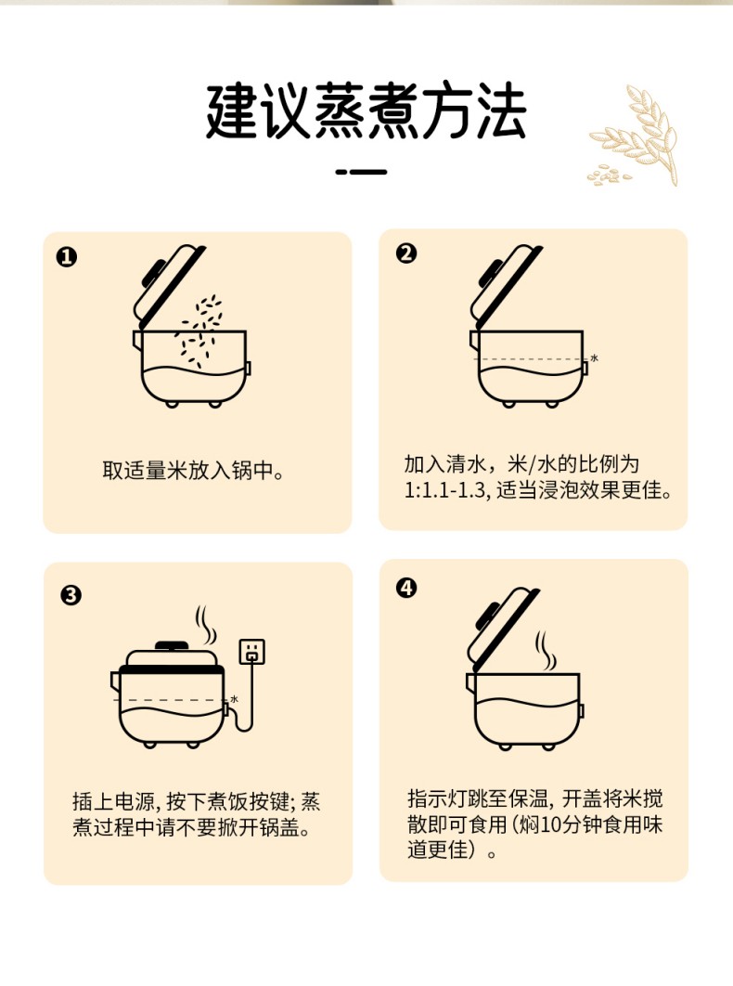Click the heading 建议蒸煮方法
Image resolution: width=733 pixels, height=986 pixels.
click(366, 110)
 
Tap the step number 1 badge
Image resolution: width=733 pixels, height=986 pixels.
click(67, 256)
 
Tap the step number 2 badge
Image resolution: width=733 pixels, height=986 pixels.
click(406, 253)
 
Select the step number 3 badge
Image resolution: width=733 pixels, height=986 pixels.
click(71, 594)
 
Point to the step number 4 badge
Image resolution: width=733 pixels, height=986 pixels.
click(406, 588)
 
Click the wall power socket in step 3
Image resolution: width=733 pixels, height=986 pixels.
click(252, 652)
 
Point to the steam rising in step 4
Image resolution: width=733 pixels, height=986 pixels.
click(546, 651)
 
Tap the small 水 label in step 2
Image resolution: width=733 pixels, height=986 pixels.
click(594, 357)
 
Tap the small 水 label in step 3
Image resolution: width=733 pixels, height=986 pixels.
click(235, 698)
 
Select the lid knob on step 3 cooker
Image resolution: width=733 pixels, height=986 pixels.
click(172, 645)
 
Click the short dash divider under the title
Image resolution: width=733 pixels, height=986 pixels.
click(362, 171)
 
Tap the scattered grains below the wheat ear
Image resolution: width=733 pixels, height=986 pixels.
click(609, 175)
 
